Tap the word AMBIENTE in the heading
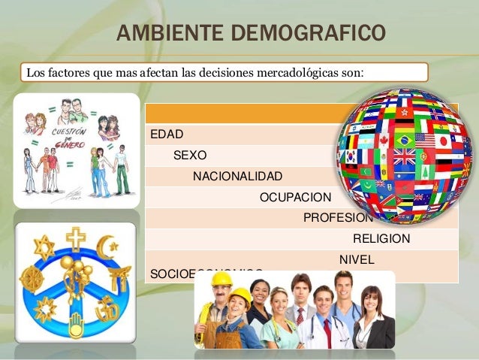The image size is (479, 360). tap(161, 35)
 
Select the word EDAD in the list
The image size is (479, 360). tap(167, 135)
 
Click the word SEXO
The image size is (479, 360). tap(191, 156)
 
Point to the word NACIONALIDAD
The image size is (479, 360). tap(238, 177)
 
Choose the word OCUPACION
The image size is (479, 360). tap(295, 198)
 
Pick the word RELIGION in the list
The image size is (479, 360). tap(381, 239)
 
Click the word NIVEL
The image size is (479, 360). tap(356, 259)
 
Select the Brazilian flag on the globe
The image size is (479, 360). tap(405, 141)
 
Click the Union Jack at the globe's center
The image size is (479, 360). tap(405, 156)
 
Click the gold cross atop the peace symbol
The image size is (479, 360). tap(76, 238)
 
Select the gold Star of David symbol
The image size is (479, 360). tap(44, 247)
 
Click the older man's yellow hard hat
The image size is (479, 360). tap(221, 280)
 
